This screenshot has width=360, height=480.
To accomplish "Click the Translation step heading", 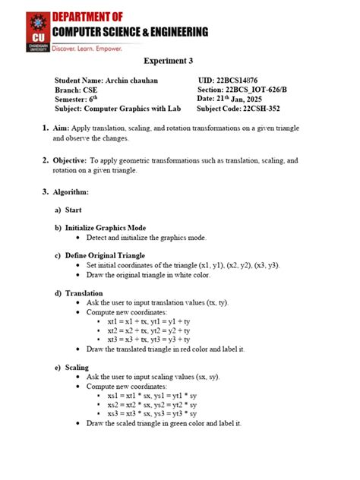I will point(84,293).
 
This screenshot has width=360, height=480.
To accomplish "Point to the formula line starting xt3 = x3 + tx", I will point(151,340).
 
